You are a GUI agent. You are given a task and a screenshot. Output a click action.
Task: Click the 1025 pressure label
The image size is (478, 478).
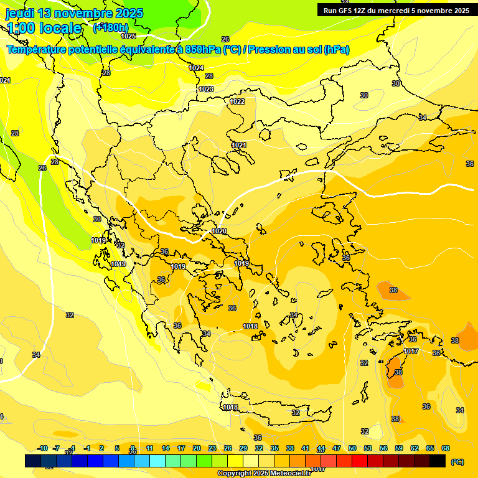click(x=128, y=37)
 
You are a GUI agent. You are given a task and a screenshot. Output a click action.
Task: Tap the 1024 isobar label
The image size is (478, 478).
click(x=196, y=68)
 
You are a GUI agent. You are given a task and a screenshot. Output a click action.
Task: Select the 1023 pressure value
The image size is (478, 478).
click(x=206, y=89)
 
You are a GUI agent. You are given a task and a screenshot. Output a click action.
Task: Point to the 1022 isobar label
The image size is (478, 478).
click(x=237, y=101)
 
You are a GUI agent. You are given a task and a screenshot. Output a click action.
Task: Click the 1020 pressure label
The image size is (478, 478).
click(x=219, y=231)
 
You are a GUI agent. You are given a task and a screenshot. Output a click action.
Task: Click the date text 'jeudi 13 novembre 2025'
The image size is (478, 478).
click(x=74, y=13)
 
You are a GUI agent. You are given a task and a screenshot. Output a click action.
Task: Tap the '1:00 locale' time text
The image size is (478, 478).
click(x=44, y=28)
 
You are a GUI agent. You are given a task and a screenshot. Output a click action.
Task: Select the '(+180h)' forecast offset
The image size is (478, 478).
click(x=111, y=27)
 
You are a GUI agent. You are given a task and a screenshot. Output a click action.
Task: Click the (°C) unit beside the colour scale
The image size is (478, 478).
click(x=457, y=462)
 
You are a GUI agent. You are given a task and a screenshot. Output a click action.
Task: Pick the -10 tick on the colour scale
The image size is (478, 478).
click(x=42, y=449)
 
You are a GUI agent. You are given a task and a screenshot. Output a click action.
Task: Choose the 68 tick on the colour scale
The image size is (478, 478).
click(x=446, y=449)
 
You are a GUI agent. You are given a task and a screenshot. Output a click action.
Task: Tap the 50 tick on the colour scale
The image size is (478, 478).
click(x=352, y=449)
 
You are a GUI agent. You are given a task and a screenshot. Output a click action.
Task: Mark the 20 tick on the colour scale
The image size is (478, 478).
click(x=197, y=449)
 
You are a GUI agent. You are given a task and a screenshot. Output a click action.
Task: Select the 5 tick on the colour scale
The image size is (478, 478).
click(x=117, y=449)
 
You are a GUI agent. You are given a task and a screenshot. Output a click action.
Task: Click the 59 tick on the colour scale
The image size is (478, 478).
click(x=399, y=449)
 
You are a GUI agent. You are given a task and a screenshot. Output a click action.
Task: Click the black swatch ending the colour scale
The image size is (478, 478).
click(x=438, y=461)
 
